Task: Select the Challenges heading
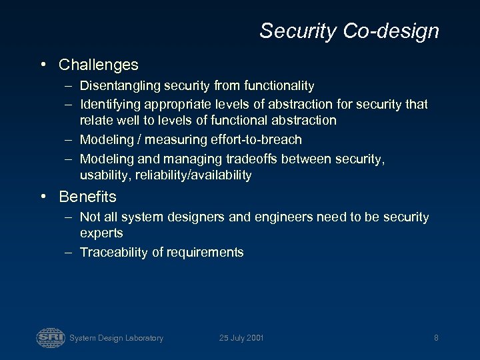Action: click(x=99, y=65)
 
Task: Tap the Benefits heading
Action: click(x=87, y=197)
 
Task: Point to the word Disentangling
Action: click(x=117, y=85)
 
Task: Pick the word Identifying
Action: click(x=107, y=104)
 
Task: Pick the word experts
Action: click(x=101, y=233)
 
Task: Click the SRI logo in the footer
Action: click(x=50, y=337)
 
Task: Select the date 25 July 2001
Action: click(x=241, y=338)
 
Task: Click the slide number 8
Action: click(x=436, y=338)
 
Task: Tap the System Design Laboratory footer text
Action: click(x=116, y=338)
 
